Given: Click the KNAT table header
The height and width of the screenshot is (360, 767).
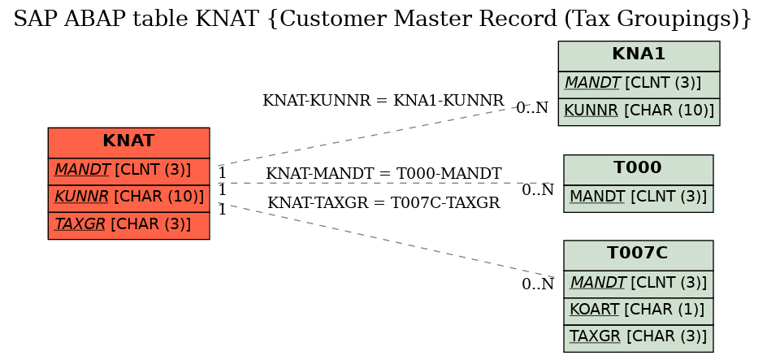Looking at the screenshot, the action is pos(128,142).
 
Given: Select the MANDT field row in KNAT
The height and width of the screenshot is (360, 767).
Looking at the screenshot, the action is pos(128,171).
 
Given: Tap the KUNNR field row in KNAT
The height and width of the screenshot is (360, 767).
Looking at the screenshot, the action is pos(128,198).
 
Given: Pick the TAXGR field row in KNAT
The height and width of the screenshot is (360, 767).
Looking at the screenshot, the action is pos(128,225).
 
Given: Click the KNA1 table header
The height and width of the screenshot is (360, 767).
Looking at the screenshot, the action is pos(639,56).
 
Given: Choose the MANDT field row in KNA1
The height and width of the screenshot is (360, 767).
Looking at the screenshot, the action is pos(639,85).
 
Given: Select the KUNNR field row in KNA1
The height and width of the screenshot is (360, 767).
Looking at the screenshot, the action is pos(639,111).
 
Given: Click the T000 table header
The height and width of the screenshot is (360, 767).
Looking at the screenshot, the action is pos(639,170).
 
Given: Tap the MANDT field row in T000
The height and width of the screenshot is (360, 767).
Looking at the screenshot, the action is pos(639,198).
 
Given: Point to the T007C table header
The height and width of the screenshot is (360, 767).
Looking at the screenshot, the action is pos(639,255).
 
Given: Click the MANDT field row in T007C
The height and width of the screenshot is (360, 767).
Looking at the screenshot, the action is pos(639,284).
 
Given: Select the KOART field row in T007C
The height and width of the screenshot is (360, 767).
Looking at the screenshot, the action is pos(639,310).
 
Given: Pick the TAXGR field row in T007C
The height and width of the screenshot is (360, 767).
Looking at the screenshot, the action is pos(639,338).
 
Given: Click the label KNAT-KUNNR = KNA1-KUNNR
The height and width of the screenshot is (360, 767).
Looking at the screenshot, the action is pos(383,100).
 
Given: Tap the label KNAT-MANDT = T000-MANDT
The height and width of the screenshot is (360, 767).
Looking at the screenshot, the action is pos(383,174).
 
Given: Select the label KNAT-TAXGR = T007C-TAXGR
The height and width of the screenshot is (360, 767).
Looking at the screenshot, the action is pos(383,202).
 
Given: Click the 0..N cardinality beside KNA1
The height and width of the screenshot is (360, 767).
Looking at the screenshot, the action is pos(532,107).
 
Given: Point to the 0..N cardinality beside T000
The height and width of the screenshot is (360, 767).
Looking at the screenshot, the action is pos(538,190).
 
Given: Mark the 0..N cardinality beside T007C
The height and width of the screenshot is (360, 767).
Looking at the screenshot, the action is pos(538,284).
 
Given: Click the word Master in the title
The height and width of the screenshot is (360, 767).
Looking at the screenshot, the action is pos(433,19).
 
